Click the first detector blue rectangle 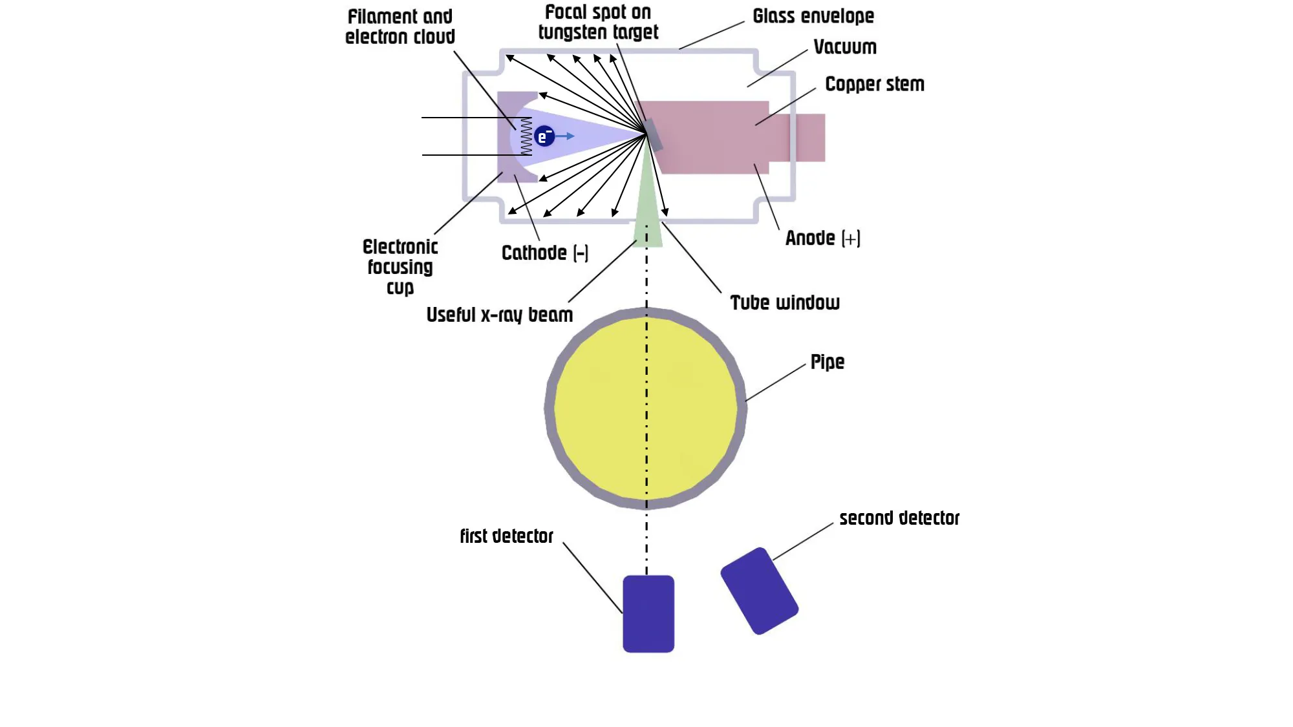click(x=648, y=614)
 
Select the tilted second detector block click(x=760, y=591)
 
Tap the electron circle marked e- click(x=544, y=136)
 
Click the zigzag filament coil click(x=526, y=136)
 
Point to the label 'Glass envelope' click(x=813, y=16)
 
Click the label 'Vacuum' click(x=845, y=47)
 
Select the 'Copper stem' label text click(x=875, y=84)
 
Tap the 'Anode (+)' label click(x=822, y=238)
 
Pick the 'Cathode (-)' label click(x=545, y=253)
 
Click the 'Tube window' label click(x=785, y=302)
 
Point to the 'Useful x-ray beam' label click(x=500, y=315)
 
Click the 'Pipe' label click(x=828, y=362)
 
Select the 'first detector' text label click(x=507, y=536)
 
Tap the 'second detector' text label click(x=899, y=518)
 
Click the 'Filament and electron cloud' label click(x=400, y=26)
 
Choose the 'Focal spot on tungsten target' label click(x=598, y=22)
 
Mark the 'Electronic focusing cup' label click(x=400, y=267)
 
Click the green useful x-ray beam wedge click(x=648, y=213)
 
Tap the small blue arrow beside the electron click(x=566, y=136)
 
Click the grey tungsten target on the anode click(x=654, y=134)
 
